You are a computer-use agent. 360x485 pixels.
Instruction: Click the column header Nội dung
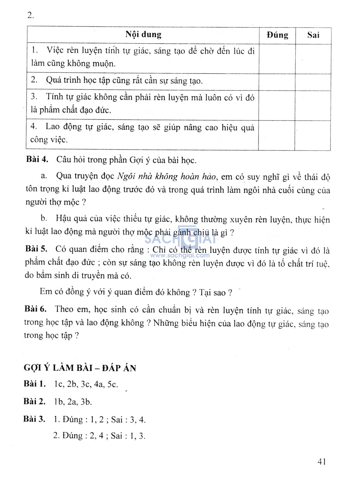[143, 34]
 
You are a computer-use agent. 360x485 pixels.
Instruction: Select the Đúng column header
[277, 35]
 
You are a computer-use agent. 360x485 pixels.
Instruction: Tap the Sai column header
[313, 35]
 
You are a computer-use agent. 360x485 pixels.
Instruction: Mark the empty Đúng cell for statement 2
[277, 82]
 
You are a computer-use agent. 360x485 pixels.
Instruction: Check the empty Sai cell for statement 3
[313, 106]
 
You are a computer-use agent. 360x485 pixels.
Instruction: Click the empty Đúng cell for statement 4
[277, 135]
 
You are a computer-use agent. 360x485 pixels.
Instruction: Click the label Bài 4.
[37, 159]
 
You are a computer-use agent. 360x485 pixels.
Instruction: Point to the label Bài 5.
[36, 249]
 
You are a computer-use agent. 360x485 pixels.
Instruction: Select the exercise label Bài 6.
[36, 309]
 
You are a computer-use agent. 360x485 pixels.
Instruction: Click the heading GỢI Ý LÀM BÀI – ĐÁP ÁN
[80, 368]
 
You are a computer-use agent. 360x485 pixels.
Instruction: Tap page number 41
[322, 461]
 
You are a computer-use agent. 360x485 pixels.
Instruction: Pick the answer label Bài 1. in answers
[35, 384]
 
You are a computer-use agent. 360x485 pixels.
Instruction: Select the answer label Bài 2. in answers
[34, 401]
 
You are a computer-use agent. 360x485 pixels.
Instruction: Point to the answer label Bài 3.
[34, 419]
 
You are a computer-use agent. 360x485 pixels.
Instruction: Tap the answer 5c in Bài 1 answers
[112, 384]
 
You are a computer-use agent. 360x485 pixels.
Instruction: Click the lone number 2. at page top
[31, 15]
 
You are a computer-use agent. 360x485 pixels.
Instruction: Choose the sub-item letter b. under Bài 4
[44, 218]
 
